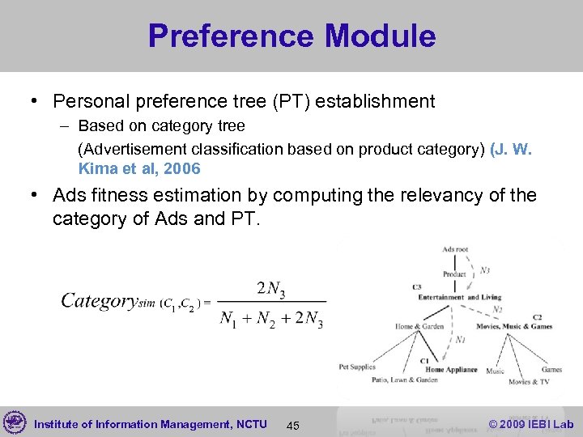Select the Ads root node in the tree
click(455, 250)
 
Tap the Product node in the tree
click(454, 274)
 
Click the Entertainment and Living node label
click(459, 298)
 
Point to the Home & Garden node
click(419, 327)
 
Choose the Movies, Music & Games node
click(514, 327)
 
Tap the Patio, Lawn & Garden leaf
click(405, 380)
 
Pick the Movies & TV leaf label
click(529, 381)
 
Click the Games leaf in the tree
click(552, 369)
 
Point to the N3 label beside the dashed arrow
click(484, 269)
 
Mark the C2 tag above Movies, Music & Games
click(538, 317)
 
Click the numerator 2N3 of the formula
click(272, 287)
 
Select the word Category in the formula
click(99, 301)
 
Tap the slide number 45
click(293, 426)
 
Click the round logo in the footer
click(15, 422)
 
